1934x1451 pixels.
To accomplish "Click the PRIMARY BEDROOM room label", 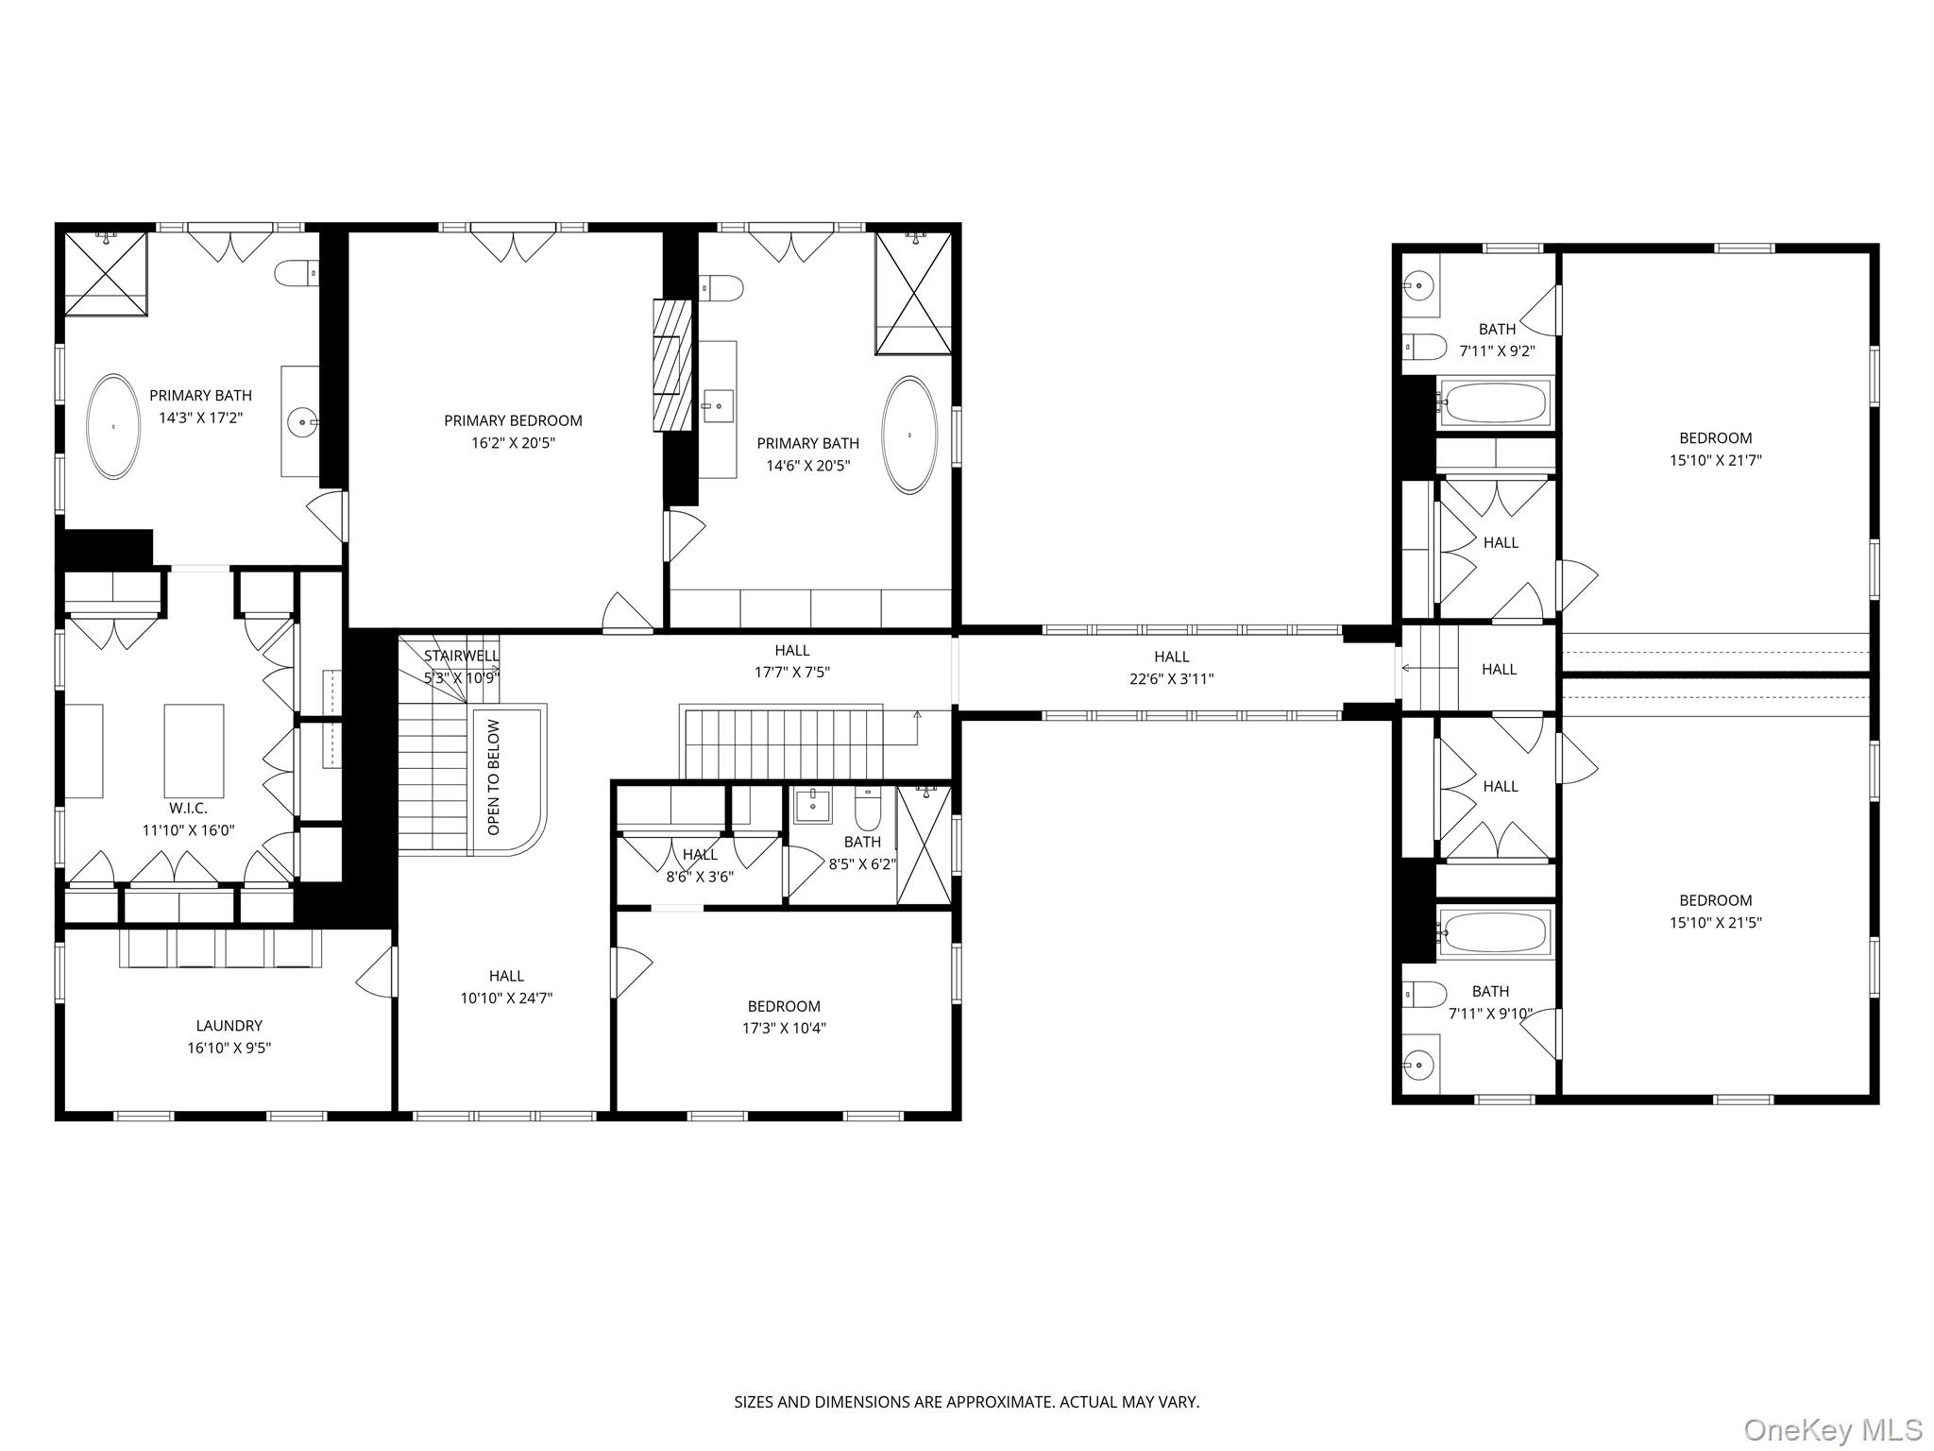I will (x=513, y=420).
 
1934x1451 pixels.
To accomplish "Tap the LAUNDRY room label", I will (x=229, y=1025).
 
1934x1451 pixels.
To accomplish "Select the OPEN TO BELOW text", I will (x=493, y=777).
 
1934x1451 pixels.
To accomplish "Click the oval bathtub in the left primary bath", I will (x=113, y=427).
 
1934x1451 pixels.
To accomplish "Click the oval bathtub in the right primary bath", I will (x=909, y=435).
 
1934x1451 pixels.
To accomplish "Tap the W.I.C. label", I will (x=188, y=809).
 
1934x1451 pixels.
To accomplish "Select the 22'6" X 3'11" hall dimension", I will (x=1171, y=678).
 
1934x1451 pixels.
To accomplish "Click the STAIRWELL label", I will (x=461, y=656).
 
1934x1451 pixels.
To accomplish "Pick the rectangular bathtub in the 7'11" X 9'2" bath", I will (x=1495, y=403).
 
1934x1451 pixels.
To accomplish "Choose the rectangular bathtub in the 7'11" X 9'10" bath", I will (x=1495, y=932).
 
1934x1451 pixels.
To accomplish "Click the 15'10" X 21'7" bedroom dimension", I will (x=1715, y=460).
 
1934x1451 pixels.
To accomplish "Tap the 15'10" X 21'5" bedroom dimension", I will (x=1715, y=923).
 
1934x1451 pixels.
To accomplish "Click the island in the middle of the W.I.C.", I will (x=194, y=751).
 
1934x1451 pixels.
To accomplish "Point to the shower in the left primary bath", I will (x=106, y=273).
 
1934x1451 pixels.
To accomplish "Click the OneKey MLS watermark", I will (x=1832, y=1430).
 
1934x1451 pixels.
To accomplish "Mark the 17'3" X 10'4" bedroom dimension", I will (x=783, y=1029).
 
